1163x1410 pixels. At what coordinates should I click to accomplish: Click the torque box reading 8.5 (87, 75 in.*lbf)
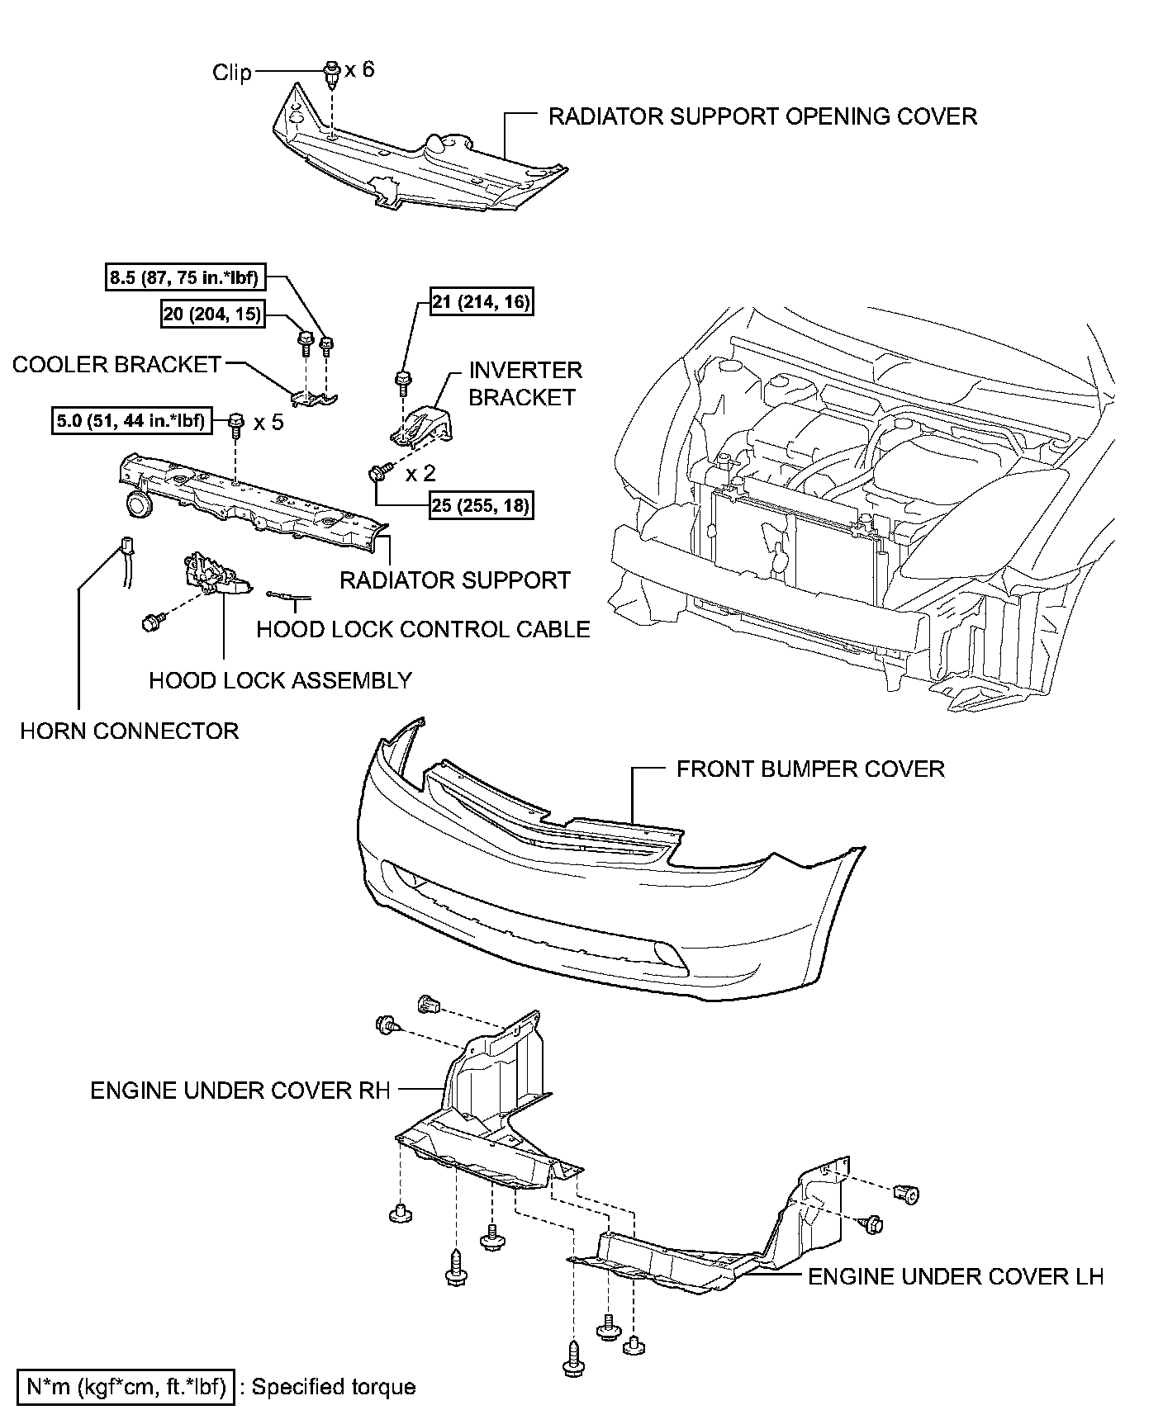[x=184, y=278]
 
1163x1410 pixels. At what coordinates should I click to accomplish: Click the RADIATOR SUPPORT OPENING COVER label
[x=762, y=116]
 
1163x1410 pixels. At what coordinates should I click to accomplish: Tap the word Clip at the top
[x=232, y=73]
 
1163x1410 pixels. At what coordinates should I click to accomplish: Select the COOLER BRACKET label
[x=117, y=365]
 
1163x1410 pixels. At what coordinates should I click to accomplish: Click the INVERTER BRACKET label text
[x=525, y=384]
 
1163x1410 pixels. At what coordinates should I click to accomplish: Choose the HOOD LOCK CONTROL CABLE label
[x=423, y=630]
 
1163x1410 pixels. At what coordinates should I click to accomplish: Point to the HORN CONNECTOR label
[x=130, y=731]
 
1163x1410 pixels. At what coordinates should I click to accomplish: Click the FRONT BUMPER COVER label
[x=810, y=769]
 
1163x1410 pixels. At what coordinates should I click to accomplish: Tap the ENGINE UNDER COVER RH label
[x=240, y=1091]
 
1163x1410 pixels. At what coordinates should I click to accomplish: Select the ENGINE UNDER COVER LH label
[x=956, y=1277]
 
